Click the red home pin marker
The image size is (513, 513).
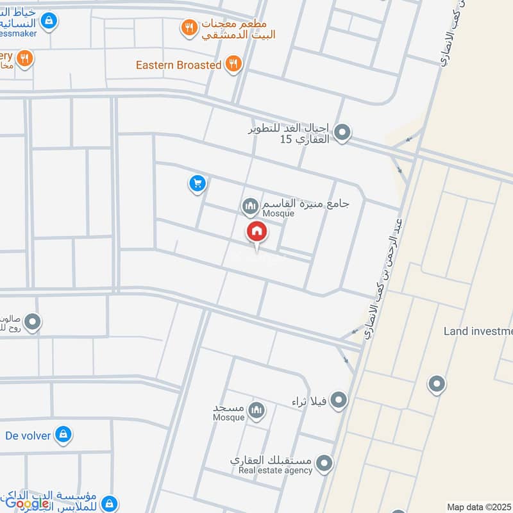[x=257, y=232]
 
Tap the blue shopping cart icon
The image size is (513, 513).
[x=197, y=185]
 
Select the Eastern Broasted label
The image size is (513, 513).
[x=178, y=65]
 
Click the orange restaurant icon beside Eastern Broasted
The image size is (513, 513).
[x=234, y=64]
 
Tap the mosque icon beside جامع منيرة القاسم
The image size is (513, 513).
[x=249, y=206]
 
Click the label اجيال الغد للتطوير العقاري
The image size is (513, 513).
[x=289, y=133]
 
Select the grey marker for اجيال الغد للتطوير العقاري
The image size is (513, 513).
[x=343, y=133]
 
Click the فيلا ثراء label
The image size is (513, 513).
[x=309, y=402]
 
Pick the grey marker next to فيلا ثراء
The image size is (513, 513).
[x=339, y=401]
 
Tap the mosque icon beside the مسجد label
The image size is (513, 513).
[x=256, y=409]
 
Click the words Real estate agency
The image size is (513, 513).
[x=275, y=470]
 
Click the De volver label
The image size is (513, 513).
[x=29, y=435]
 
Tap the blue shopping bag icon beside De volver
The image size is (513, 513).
[x=63, y=435]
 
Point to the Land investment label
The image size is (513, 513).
[x=478, y=331]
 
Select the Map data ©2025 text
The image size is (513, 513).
[x=478, y=507]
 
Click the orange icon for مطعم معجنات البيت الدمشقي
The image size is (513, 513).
[x=188, y=27]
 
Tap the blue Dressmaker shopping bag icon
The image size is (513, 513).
[x=48, y=22]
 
